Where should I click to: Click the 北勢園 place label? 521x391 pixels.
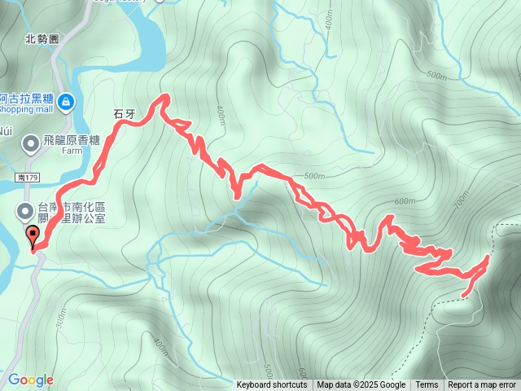42,38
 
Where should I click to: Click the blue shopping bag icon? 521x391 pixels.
66,102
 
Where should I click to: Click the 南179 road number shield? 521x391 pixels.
26,176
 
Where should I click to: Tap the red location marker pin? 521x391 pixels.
33,237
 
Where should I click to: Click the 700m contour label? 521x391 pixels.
462,199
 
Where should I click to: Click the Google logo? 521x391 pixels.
30,380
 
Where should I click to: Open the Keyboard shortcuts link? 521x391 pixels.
272,385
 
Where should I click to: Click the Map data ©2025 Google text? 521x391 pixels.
361,385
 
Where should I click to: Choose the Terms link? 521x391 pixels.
427,385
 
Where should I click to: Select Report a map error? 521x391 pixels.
482,385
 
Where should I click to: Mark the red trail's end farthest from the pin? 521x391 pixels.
463,295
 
